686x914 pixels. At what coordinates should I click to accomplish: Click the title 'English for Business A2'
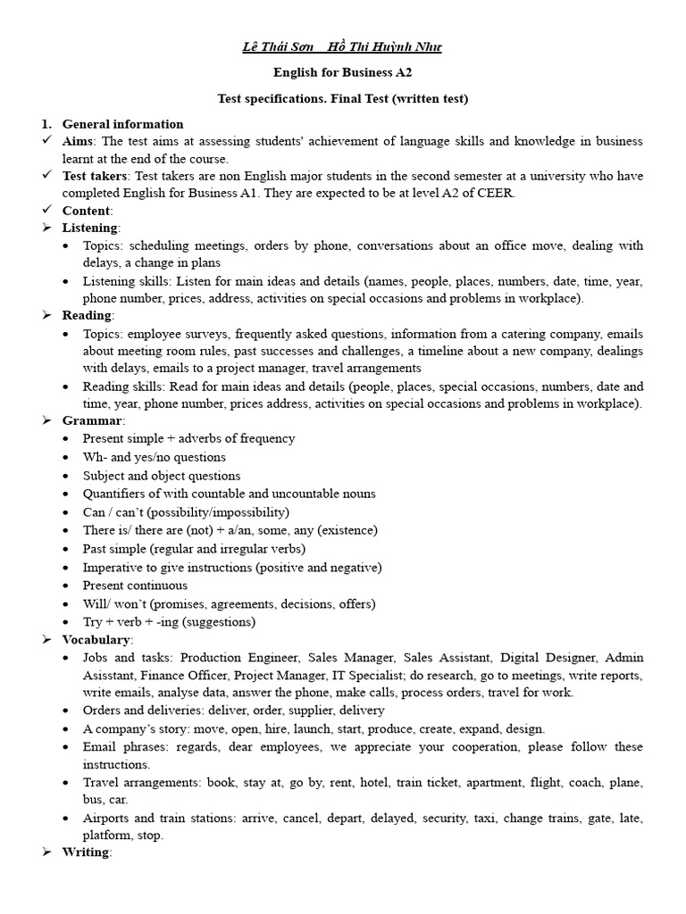pos(342,72)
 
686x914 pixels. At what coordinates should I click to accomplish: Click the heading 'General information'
pos(122,124)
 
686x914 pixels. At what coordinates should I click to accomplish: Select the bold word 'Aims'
pos(79,142)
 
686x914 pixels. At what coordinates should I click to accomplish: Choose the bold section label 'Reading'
pos(87,315)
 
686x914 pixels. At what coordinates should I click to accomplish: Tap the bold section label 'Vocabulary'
pos(96,640)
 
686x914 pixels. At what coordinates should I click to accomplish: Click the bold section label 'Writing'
pos(86,852)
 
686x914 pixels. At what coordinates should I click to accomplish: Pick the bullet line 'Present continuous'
pos(135,586)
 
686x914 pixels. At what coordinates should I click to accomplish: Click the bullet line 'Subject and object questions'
pos(162,476)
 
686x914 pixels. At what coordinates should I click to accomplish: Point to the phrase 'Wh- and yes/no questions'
pos(154,457)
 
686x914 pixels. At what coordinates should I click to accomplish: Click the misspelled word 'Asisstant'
pos(111,675)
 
